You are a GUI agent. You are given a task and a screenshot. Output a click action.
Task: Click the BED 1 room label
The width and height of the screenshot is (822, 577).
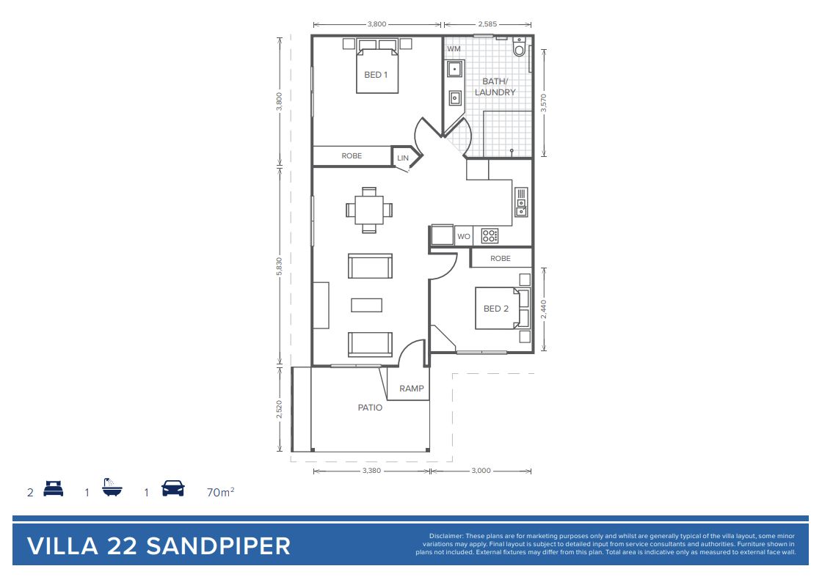coord(376,75)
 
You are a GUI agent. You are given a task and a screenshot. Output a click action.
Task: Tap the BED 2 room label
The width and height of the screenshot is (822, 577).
coord(496,309)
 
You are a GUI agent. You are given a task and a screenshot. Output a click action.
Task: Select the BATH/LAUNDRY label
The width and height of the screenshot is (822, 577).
coord(495,87)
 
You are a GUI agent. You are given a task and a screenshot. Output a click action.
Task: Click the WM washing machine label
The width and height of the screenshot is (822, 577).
coord(454,49)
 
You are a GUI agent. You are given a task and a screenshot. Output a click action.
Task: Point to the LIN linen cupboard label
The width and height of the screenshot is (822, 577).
coord(403,158)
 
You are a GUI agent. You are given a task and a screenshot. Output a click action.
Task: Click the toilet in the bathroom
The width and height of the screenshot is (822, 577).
coord(520,47)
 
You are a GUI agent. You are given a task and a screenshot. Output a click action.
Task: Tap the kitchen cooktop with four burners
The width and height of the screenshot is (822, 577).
coord(490,236)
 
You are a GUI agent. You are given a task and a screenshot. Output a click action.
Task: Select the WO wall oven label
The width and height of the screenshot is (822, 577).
coord(464,237)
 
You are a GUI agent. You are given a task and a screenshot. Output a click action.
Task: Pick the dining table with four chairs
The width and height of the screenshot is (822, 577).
coord(369,210)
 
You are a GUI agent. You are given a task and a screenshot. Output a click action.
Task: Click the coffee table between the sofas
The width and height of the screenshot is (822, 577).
coord(366,304)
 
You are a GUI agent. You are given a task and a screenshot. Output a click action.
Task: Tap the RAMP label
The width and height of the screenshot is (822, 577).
coord(411,389)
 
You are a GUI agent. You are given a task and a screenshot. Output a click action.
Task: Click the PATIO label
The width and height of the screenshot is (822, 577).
coord(370,408)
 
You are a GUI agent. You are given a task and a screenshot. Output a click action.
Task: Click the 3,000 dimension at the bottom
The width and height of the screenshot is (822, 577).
coord(481,471)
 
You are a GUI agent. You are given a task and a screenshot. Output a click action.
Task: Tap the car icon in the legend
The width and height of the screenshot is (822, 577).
coord(173,488)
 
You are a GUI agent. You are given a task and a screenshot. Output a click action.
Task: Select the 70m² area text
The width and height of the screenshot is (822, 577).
coord(221,492)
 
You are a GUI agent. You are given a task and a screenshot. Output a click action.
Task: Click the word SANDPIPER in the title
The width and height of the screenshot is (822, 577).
coord(218,546)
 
